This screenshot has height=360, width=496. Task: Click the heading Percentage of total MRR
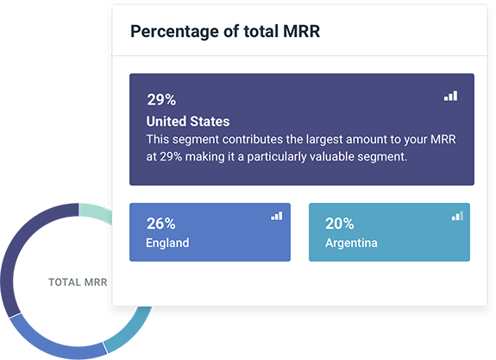(x=225, y=32)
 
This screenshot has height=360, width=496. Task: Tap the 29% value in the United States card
(x=161, y=99)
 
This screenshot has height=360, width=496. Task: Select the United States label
(x=188, y=121)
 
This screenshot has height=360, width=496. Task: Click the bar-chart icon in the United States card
(x=450, y=96)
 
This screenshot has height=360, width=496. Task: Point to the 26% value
(x=161, y=224)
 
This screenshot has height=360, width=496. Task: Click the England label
(x=167, y=243)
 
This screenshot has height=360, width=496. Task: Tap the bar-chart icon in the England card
(x=277, y=216)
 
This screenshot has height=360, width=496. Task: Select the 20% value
(x=339, y=224)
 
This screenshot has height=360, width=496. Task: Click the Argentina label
(x=351, y=243)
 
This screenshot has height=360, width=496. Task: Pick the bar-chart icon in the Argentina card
(x=457, y=216)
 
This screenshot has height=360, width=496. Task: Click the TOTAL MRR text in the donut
(x=78, y=282)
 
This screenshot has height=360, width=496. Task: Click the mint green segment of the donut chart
(x=95, y=212)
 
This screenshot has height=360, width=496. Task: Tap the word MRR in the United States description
(x=443, y=139)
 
